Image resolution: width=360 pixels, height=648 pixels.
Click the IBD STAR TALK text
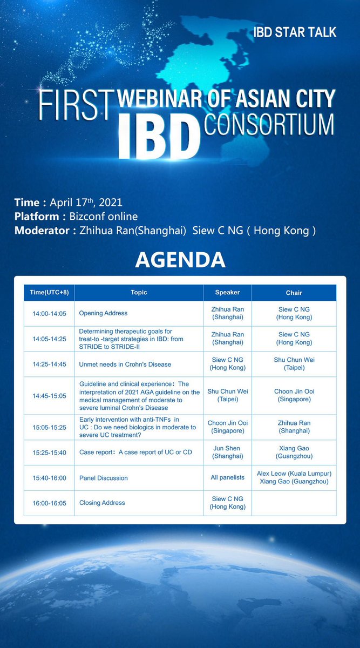click(295, 32)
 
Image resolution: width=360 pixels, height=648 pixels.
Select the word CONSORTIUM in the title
click(269, 123)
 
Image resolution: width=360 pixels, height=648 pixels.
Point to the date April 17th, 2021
click(86, 203)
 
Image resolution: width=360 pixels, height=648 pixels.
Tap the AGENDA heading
click(180, 260)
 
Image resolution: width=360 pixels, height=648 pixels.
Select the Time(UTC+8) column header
click(49, 292)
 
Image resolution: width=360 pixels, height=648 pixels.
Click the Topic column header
click(139, 292)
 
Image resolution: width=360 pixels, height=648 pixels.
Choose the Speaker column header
click(227, 292)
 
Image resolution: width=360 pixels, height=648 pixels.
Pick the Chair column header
click(294, 292)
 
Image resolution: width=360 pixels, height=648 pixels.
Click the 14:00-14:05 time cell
click(49, 313)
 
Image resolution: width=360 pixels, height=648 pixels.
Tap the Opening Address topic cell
click(103, 313)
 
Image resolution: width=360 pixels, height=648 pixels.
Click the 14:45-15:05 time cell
click(49, 396)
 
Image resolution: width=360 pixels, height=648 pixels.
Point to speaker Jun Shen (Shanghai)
click(227, 452)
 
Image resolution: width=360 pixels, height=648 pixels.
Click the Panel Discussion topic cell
click(104, 478)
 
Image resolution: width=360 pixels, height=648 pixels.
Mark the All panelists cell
click(227, 478)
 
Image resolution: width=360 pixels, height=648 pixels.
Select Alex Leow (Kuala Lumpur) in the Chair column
click(294, 474)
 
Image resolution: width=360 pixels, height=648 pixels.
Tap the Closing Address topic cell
click(102, 503)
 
